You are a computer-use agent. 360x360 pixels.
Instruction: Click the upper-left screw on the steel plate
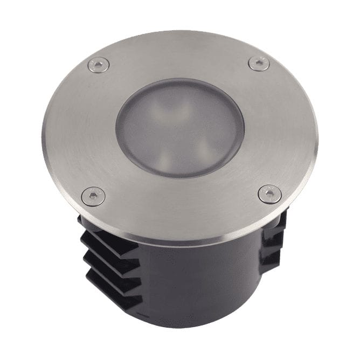pyautogui.click(x=98, y=65)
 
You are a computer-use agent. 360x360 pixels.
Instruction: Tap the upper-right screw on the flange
pyautogui.click(x=259, y=63)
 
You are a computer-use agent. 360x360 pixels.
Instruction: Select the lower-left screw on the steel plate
pyautogui.click(x=93, y=196)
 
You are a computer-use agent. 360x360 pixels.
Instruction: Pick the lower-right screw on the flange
pyautogui.click(x=269, y=194)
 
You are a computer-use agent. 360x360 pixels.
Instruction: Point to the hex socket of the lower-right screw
pyautogui.click(x=269, y=193)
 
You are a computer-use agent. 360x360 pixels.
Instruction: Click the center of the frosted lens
pyautogui.click(x=180, y=127)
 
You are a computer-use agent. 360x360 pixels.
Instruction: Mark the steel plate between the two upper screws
pyautogui.click(x=178, y=54)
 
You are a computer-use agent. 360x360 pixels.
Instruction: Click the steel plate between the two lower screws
pyautogui.click(x=181, y=207)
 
